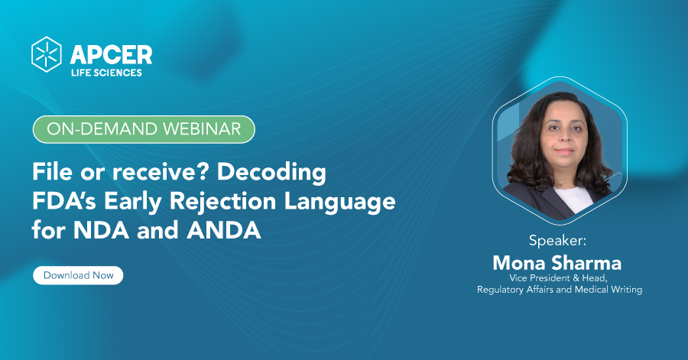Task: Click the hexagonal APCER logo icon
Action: (x=47, y=54)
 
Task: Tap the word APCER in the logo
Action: (x=111, y=55)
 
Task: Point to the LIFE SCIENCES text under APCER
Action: (x=106, y=73)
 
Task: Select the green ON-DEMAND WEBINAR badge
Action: (x=144, y=129)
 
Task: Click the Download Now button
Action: (x=78, y=275)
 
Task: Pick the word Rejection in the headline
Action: (x=222, y=202)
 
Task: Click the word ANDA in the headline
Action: (x=224, y=231)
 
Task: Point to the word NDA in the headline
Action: (x=101, y=231)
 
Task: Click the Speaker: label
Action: (x=557, y=241)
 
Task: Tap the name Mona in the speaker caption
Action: (x=518, y=263)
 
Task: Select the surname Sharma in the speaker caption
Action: (x=586, y=263)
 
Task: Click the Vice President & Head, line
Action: (x=558, y=278)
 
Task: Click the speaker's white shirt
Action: (x=573, y=197)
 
